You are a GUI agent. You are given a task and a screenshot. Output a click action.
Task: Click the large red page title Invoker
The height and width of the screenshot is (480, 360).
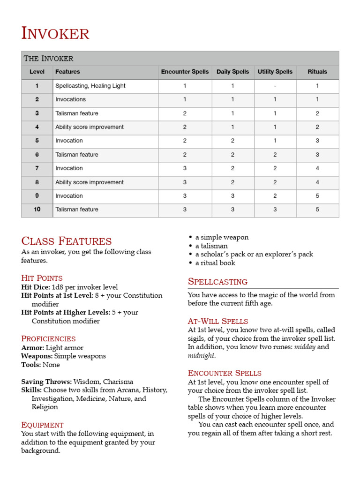(55, 34)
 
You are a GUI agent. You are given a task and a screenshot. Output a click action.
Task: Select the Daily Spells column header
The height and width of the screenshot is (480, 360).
(232, 72)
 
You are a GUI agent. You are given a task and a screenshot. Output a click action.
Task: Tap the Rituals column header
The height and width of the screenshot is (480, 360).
(317, 72)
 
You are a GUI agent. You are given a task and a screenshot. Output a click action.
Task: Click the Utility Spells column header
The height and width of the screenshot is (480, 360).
(275, 72)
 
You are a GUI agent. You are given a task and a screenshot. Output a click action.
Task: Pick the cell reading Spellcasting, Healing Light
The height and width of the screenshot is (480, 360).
(90, 86)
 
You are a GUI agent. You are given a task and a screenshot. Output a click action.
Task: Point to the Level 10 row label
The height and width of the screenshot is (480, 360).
(37, 210)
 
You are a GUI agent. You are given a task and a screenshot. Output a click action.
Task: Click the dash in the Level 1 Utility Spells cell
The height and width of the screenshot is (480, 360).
(275, 86)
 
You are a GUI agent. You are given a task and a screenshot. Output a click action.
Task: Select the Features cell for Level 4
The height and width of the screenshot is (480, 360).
(90, 127)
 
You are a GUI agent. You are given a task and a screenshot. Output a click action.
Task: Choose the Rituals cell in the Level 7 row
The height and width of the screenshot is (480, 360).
(317, 168)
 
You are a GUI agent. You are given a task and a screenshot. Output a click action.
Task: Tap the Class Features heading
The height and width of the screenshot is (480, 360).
(67, 241)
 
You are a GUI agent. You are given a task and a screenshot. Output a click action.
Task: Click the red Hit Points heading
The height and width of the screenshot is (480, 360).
(42, 278)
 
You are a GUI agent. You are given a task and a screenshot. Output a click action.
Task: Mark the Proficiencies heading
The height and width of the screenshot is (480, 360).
(48, 338)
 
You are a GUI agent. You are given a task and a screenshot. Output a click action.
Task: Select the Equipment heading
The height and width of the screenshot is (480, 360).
(42, 425)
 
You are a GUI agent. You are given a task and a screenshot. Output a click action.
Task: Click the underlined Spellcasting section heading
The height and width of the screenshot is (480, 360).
(217, 282)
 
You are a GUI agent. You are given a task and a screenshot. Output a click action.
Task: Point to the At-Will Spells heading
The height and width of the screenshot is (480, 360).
(218, 321)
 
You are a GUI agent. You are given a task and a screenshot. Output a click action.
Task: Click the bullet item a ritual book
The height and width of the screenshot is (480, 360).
(215, 263)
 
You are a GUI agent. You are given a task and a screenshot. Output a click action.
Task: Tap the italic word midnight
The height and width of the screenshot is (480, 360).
(202, 355)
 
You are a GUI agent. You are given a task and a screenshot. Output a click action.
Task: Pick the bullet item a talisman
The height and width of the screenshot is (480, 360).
(211, 246)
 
